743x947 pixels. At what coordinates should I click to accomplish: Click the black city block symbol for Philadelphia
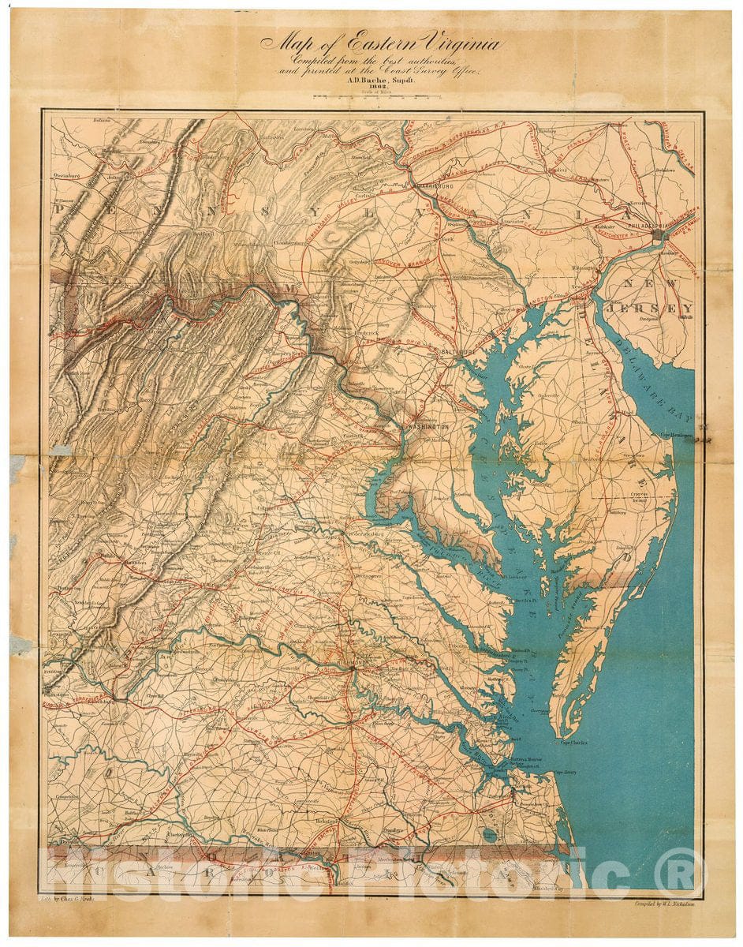(657, 234)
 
